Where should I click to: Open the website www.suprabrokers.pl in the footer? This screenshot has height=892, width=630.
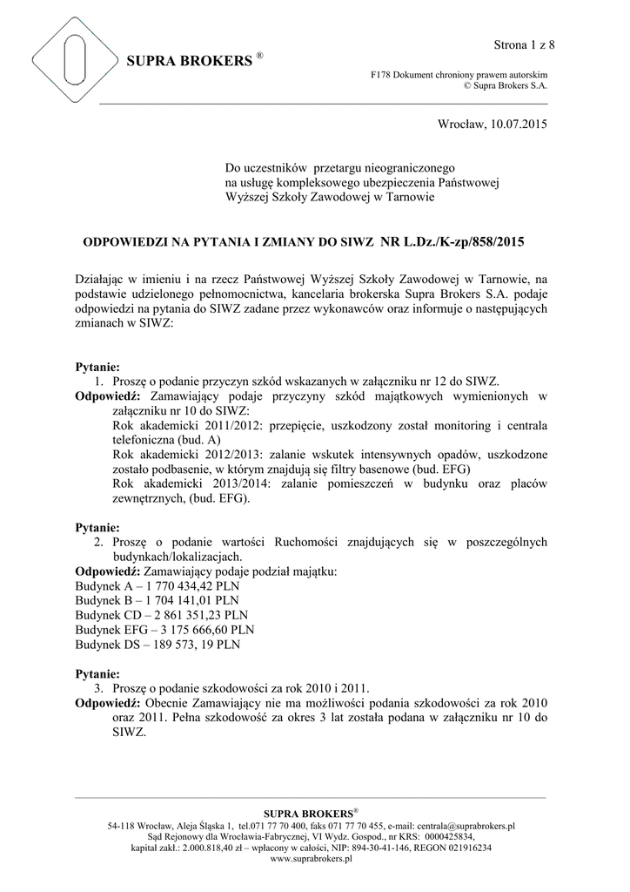[312, 858]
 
